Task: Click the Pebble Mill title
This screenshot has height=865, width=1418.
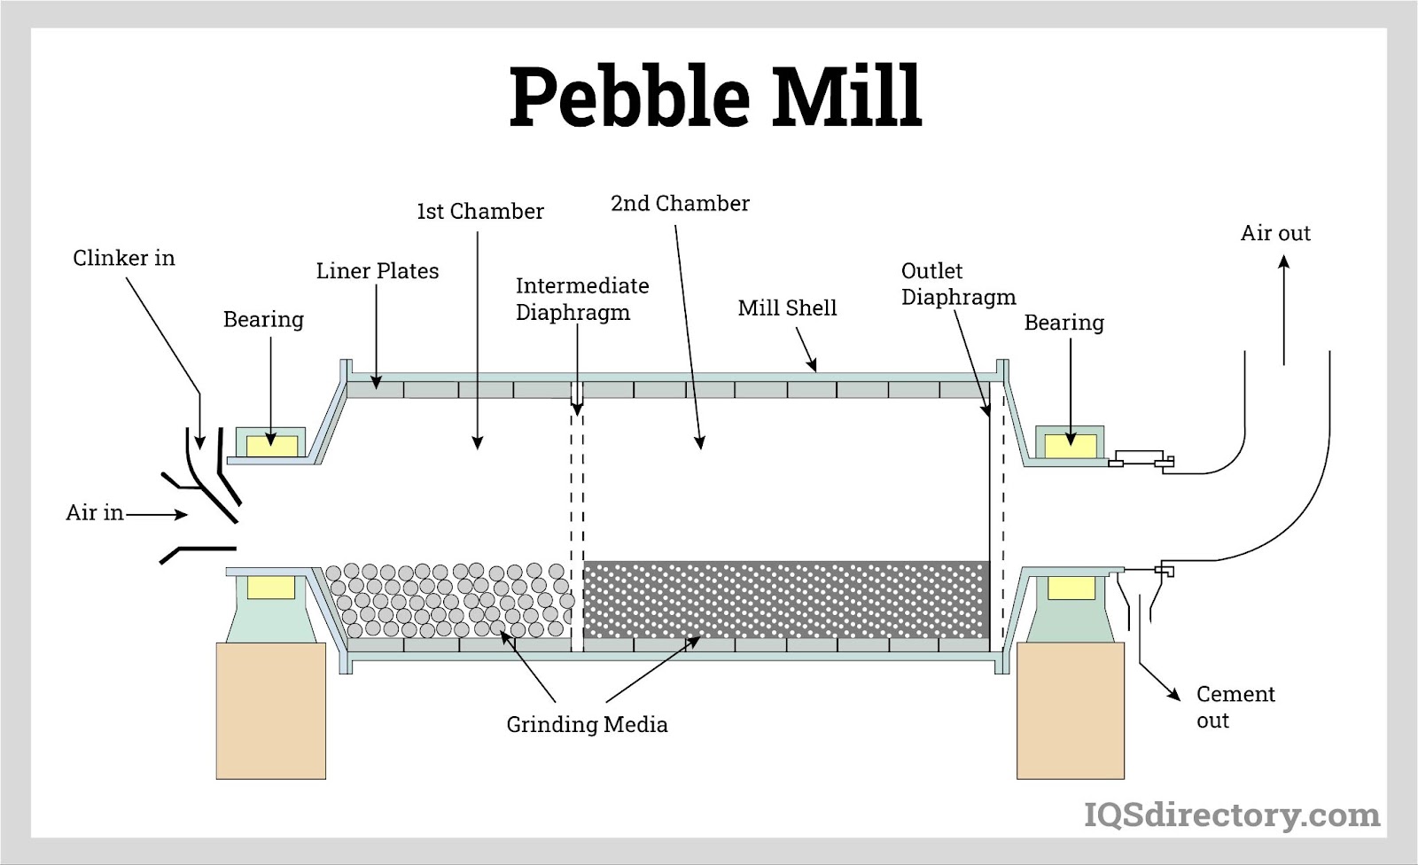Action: pos(715,97)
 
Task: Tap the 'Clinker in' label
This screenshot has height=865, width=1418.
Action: pos(124,258)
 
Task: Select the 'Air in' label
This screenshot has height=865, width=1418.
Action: pos(94,512)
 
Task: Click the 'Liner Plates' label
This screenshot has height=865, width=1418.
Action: pos(378,271)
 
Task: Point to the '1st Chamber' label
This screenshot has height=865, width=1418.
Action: pos(480,212)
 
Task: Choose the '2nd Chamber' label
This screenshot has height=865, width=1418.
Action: pos(680,204)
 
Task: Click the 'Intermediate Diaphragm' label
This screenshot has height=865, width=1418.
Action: pos(581,299)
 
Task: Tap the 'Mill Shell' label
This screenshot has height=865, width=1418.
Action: pos(787,308)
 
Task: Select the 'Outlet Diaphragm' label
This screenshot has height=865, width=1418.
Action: pos(958,284)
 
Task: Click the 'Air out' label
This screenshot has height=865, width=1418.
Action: pos(1275,233)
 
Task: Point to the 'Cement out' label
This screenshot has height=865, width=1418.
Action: pos(1235,706)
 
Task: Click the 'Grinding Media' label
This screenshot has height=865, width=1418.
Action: pos(587,725)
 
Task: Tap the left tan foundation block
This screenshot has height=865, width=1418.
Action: pos(271,711)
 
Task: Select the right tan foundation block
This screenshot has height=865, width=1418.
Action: pos(1070,711)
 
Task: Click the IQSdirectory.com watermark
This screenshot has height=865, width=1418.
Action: pos(1232,814)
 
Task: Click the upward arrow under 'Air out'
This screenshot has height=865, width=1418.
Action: pos(1284,310)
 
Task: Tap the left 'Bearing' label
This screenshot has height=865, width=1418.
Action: pos(263,319)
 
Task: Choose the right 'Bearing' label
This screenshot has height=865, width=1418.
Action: pos(1064,323)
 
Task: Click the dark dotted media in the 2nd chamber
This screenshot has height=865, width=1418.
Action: pos(785,599)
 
